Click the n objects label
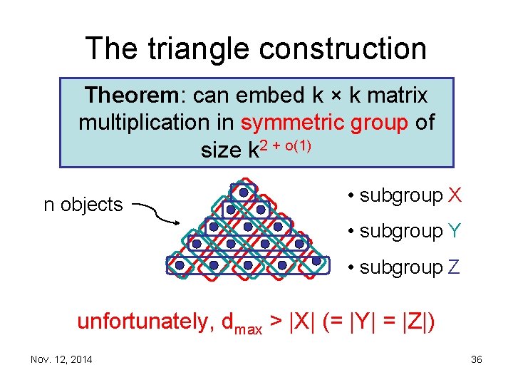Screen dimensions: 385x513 click(83, 205)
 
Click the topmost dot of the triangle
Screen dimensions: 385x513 click(244, 192)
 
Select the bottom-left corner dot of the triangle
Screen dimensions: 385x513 click(180, 265)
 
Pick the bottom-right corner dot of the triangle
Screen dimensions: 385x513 click(316, 262)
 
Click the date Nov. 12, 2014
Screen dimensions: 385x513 click(61, 359)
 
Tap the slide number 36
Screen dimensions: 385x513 click(477, 359)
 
